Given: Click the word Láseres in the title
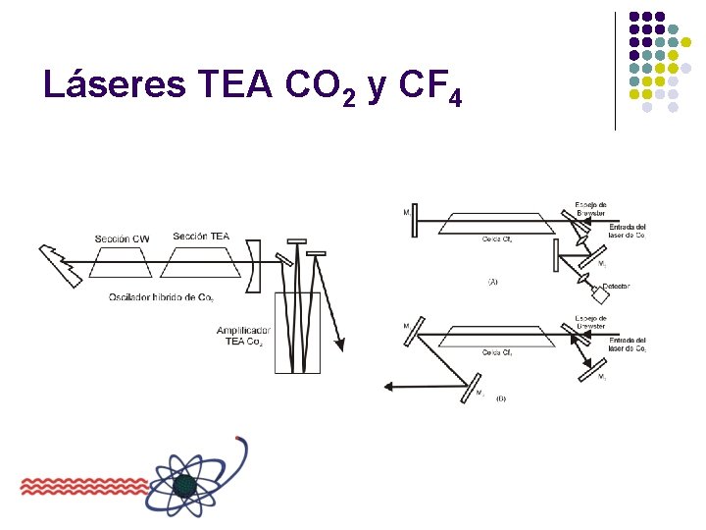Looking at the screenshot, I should tap(113, 86).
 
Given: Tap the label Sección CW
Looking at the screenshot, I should tap(123, 238).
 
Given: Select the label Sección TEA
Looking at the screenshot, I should tap(200, 236).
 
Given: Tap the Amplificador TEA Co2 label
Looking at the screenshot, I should tap(244, 336).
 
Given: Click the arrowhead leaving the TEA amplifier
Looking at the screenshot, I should tap(341, 344).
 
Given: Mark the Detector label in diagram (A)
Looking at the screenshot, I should tap(616, 286).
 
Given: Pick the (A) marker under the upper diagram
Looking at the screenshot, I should tap(492, 282).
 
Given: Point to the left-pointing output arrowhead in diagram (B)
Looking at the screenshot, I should tap(389, 386).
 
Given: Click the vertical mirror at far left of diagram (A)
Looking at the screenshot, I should tap(416, 220).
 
